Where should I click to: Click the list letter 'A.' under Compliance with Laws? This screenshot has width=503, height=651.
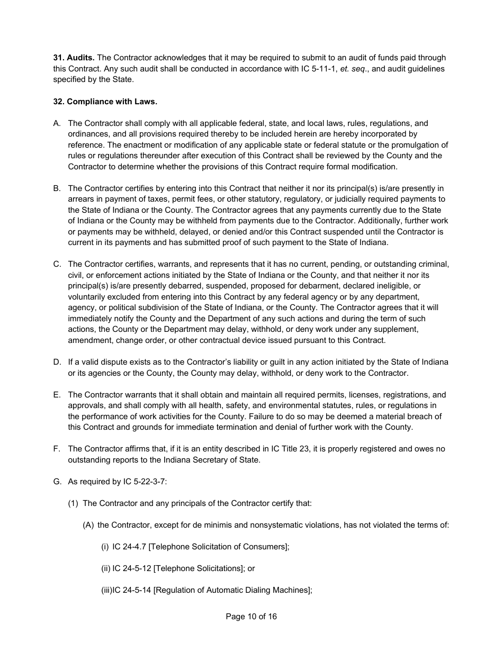point(57,123)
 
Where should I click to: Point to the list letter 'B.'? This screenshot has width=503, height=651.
point(57,188)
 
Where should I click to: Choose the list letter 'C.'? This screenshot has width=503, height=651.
point(57,264)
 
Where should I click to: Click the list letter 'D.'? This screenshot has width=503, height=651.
point(57,362)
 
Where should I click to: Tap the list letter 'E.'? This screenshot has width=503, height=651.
point(57,395)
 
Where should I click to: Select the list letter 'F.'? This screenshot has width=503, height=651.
point(57,449)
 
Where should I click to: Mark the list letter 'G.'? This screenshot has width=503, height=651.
point(57,482)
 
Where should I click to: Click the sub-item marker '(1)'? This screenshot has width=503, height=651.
point(73,503)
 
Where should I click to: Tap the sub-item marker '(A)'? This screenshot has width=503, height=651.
point(88,525)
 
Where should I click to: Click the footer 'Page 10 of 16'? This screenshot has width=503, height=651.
point(251,617)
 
